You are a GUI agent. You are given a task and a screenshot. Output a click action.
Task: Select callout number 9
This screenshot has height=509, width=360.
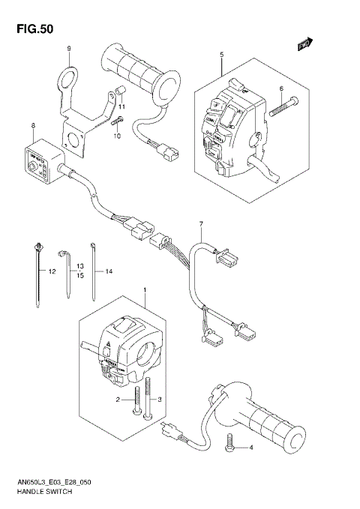(68, 49)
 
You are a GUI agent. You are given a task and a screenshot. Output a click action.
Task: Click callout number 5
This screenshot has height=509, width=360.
(222, 55)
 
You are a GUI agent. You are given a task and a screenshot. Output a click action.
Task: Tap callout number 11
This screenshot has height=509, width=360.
(122, 107)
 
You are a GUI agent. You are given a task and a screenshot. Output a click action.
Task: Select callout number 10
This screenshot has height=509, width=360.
(117, 136)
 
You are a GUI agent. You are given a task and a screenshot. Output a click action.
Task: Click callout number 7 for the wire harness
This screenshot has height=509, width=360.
(201, 224)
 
